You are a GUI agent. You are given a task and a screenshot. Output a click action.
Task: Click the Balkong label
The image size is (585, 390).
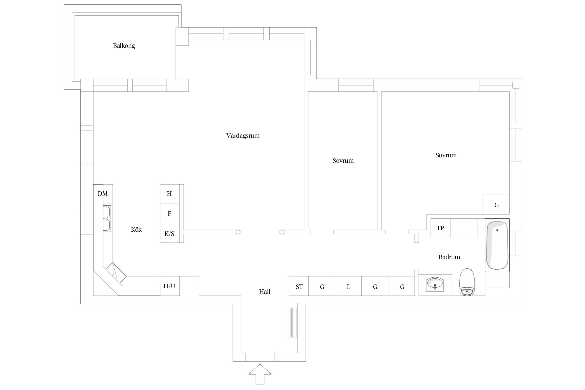[x=124, y=46]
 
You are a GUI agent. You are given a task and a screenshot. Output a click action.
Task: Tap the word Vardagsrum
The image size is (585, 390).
[x=243, y=136]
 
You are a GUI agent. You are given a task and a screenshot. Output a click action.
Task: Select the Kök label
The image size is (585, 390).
[x=136, y=229]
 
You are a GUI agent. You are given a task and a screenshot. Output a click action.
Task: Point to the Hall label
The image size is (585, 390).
[x=264, y=292]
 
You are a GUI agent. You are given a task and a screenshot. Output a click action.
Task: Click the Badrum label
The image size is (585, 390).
[x=449, y=257]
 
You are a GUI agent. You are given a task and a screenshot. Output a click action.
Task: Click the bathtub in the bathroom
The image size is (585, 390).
[x=497, y=245]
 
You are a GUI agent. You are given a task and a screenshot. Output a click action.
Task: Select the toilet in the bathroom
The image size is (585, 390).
[x=467, y=282]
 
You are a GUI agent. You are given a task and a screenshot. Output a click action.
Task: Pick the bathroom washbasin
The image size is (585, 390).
[x=435, y=284]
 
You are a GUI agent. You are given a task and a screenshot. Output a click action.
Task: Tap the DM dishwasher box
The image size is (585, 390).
[x=103, y=194]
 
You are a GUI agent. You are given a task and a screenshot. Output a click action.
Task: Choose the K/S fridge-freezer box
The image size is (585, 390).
[x=170, y=233]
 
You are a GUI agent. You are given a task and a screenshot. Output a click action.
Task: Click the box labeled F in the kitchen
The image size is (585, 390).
[x=170, y=213]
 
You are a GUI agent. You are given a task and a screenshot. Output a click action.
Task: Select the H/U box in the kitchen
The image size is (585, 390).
[x=170, y=286]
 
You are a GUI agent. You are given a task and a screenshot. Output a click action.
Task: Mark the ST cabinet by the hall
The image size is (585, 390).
[x=299, y=287]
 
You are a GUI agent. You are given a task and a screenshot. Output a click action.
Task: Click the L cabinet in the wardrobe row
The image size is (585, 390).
[x=348, y=287]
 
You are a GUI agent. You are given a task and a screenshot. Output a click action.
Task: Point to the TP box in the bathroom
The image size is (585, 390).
[x=440, y=228]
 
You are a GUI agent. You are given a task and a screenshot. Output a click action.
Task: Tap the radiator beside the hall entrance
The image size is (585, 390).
[x=293, y=322]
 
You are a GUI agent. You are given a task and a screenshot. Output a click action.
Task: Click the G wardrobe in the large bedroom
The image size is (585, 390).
[x=496, y=205]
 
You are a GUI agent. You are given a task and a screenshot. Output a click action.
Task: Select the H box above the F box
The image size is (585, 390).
[x=170, y=194]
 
